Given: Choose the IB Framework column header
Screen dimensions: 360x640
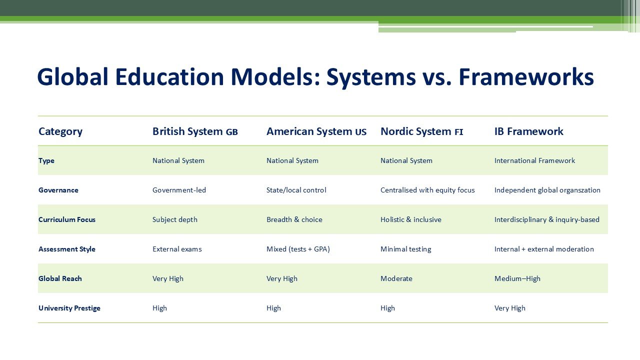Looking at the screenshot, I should pyautogui.click(x=528, y=131).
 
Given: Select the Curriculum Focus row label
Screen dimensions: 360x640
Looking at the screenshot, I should pyautogui.click(x=67, y=219).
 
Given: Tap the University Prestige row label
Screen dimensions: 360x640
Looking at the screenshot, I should pyautogui.click(x=69, y=308).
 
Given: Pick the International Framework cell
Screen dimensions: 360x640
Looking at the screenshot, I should pyautogui.click(x=534, y=160).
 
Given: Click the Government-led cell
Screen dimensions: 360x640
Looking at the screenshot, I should pyautogui.click(x=179, y=190).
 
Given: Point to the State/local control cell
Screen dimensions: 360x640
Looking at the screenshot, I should pyautogui.click(x=296, y=190).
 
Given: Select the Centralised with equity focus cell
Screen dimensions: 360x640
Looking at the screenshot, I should pyautogui.click(x=427, y=190).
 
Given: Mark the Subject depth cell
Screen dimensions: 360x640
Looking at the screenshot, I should pyautogui.click(x=175, y=219).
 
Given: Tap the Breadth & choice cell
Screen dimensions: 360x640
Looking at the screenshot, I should pyautogui.click(x=294, y=219).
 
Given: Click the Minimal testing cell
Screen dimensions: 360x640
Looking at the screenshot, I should pyautogui.click(x=405, y=249).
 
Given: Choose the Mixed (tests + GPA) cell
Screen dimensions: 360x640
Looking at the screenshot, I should pyautogui.click(x=298, y=249).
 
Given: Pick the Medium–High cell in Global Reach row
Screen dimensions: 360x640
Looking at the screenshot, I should pyautogui.click(x=517, y=278).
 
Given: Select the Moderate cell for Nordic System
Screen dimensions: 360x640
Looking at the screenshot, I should pyautogui.click(x=396, y=278).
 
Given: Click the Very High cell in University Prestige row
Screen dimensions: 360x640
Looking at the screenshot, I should pyautogui.click(x=510, y=308).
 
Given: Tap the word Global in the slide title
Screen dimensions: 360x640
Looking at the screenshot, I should pyautogui.click(x=73, y=77).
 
